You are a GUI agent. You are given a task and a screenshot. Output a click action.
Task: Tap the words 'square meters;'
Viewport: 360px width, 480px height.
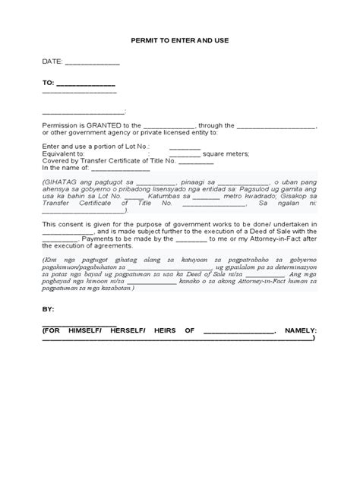[x=226, y=153]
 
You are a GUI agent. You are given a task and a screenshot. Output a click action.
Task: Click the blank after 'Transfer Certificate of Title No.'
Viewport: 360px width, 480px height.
[x=196, y=161]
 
